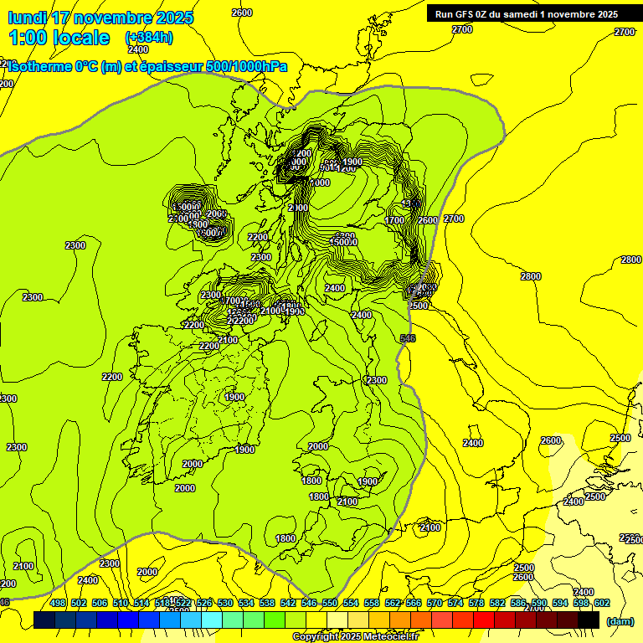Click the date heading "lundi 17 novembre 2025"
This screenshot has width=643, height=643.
(x=100, y=18)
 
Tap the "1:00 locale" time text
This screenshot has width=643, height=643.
(x=59, y=38)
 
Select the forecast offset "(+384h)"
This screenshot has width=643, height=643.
(x=148, y=38)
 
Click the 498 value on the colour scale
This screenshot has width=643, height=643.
(x=58, y=603)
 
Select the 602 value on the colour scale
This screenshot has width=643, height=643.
(x=602, y=603)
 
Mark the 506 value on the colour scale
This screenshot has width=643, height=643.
(x=100, y=603)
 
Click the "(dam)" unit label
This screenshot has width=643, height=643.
(x=620, y=620)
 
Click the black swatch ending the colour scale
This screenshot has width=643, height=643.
(x=589, y=620)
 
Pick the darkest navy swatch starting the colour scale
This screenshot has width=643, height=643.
(x=44, y=620)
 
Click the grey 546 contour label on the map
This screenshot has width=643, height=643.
(x=408, y=338)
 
